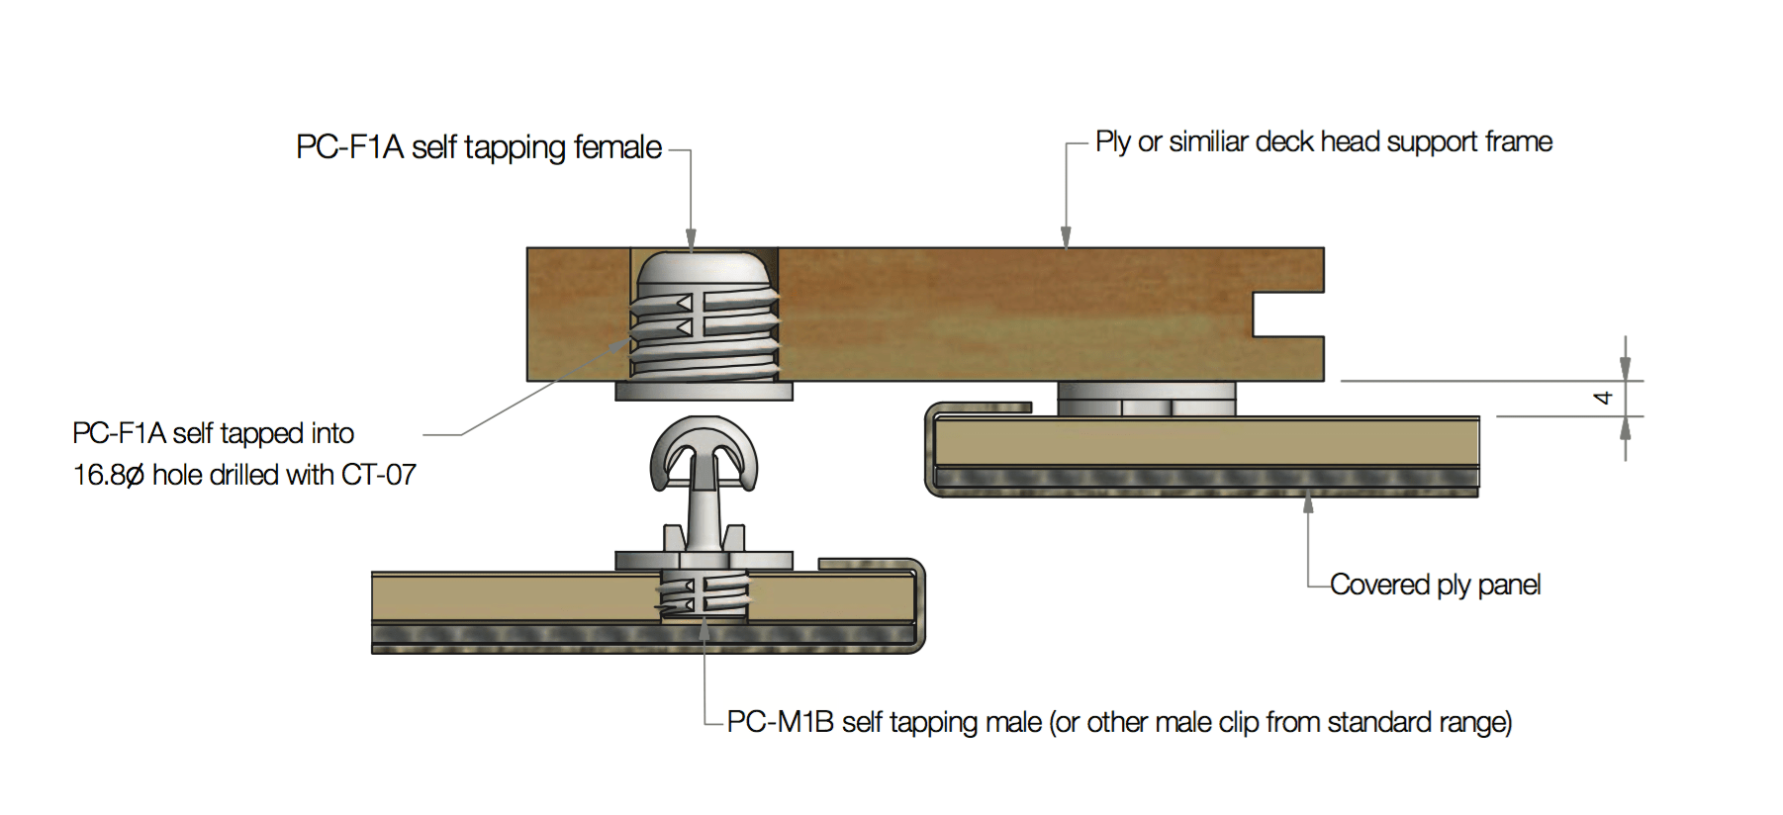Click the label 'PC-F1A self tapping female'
pos(479,147)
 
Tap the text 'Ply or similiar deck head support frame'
pos(1323,142)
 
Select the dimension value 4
pos(1603,398)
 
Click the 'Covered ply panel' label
pos(1435,585)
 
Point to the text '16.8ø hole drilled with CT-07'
pos(244,475)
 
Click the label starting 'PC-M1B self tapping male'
pos(1118,722)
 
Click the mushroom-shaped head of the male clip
pos(704,450)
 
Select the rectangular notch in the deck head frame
pos(1286,315)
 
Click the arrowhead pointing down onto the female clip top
pos(691,239)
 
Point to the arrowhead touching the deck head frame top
pos(1066,237)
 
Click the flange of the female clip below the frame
pos(704,392)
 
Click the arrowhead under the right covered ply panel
pos(1308,505)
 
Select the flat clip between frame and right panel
pos(1146,400)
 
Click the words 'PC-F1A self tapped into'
pos(213,433)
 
